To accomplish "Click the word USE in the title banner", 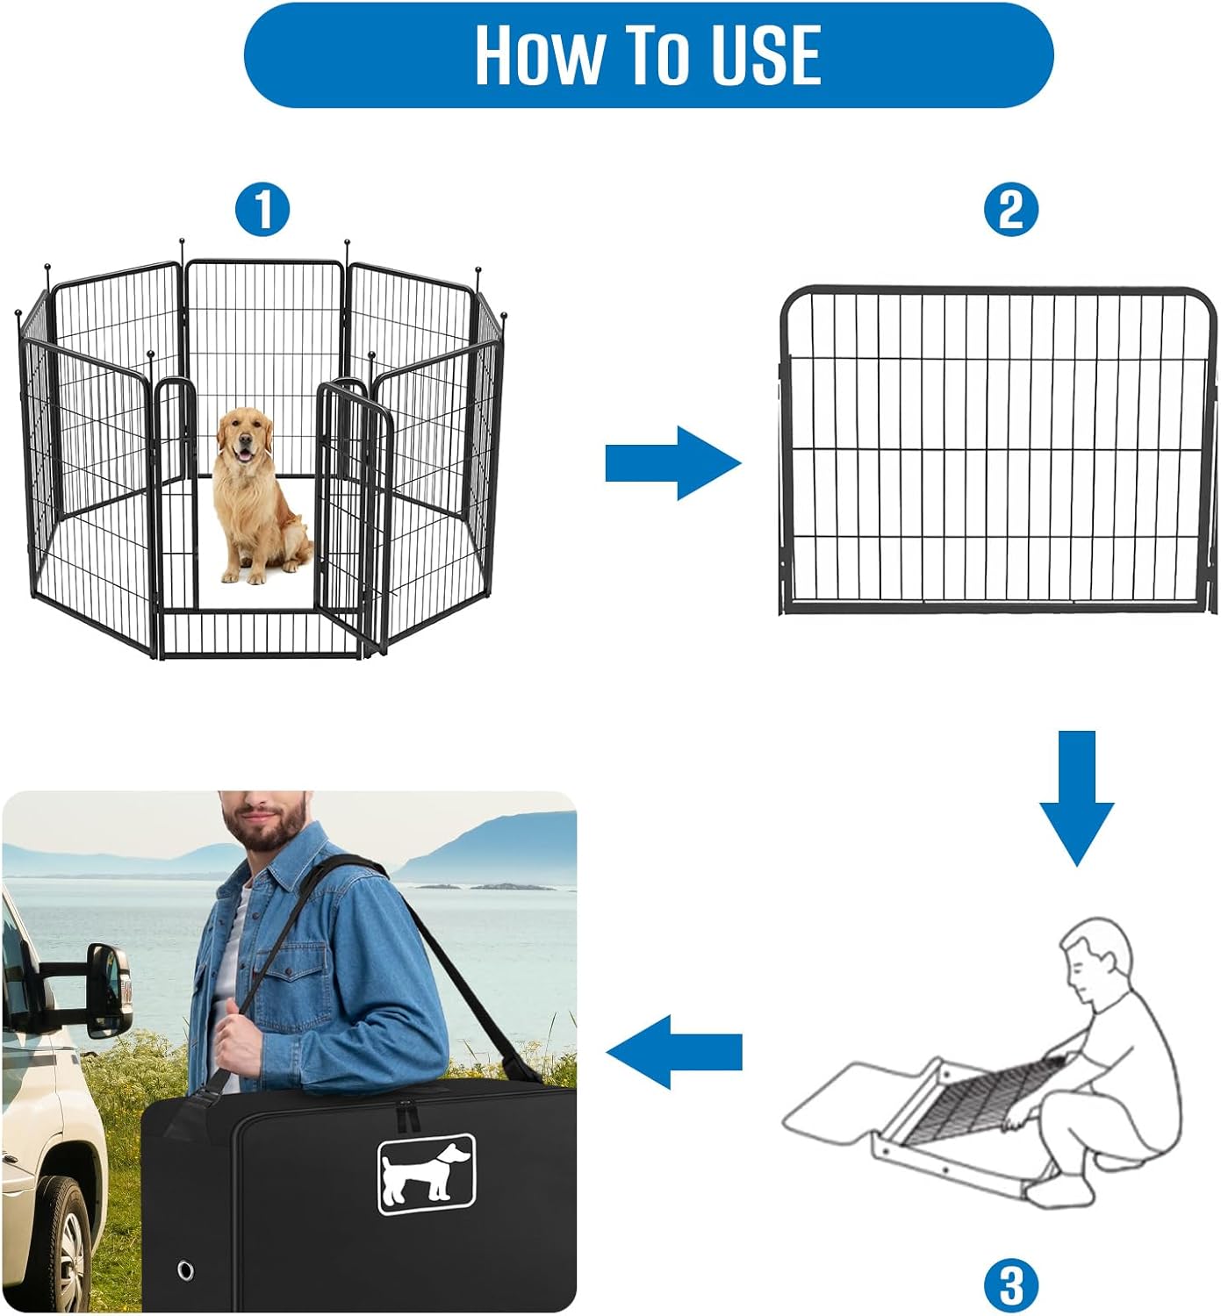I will pos(765,54).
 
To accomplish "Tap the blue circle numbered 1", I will pos(262,210).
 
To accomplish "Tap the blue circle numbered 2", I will pos(1010,210).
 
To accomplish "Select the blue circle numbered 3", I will pos(1011,1285).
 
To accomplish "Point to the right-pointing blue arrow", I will pos(672,463).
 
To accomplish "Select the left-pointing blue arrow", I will pos(674,1052).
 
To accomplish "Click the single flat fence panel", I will pos(998,450).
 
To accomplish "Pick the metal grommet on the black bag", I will pos(186,1270).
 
